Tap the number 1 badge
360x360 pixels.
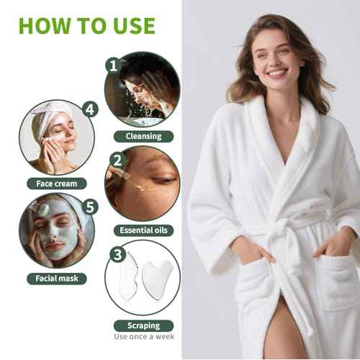pos(112,65)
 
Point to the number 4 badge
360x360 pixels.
pos(89,109)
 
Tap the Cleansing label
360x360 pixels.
pos(143,135)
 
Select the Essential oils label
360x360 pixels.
pos(143,230)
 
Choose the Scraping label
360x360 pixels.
pos(143,325)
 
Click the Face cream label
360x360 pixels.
pos(57,183)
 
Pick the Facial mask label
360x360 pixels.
pos(57,278)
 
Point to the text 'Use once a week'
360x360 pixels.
pos(143,336)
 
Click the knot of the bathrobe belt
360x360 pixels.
pos(276,232)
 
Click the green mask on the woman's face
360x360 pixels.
pos(53,234)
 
